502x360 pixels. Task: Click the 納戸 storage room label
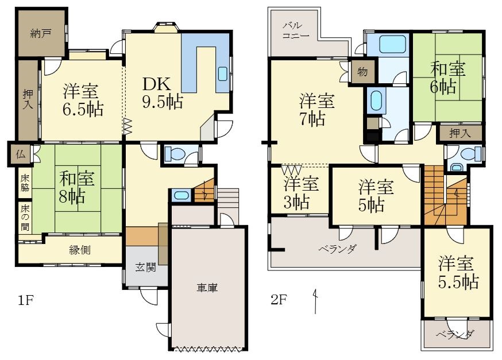41,33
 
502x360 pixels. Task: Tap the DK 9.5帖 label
163,93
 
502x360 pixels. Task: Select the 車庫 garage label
207,288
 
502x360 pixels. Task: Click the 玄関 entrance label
146,267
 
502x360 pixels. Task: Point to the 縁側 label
80,250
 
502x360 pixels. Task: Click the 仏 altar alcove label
21,154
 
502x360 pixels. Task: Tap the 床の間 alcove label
25,218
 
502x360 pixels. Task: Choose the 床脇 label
25,183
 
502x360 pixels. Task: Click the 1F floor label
26,300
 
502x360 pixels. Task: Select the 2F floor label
278,300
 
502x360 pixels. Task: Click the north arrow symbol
316,301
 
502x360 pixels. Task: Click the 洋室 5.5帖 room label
458,273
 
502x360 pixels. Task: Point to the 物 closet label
362,72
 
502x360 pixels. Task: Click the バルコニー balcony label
295,30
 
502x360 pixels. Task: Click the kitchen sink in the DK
222,74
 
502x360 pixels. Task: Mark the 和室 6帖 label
447,78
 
